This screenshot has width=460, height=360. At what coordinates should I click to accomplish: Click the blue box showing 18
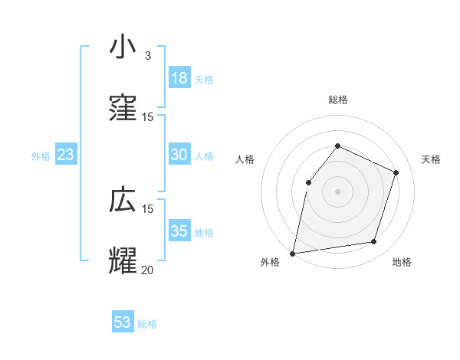pyautogui.click(x=179, y=77)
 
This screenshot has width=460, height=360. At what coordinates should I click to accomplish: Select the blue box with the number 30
pyautogui.click(x=179, y=154)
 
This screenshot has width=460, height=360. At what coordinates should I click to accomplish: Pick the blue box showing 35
pyautogui.click(x=179, y=231)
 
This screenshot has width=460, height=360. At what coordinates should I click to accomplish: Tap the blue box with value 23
pyautogui.click(x=66, y=155)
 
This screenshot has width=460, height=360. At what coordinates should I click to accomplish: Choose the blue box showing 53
pyautogui.click(x=123, y=322)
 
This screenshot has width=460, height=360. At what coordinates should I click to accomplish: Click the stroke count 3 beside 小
pyautogui.click(x=148, y=56)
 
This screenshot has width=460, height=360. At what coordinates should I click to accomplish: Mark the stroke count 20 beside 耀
pyautogui.click(x=147, y=270)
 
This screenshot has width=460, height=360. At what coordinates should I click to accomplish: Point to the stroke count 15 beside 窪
pyautogui.click(x=147, y=116)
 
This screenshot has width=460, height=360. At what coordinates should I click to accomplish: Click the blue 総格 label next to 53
pyautogui.click(x=147, y=324)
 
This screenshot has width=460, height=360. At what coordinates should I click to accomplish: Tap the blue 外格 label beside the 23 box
pyautogui.click(x=41, y=156)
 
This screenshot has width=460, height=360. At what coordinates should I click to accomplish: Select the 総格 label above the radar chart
pyautogui.click(x=337, y=100)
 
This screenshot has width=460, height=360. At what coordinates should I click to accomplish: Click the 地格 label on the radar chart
pyautogui.click(x=402, y=263)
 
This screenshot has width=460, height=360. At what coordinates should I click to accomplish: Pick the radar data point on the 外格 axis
pyautogui.click(x=293, y=253)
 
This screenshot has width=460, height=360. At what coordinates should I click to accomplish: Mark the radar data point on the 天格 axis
pyautogui.click(x=396, y=172)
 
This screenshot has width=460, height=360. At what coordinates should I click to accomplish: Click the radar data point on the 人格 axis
pyautogui.click(x=308, y=182)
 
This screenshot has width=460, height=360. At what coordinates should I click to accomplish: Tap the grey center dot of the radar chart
pyautogui.click(x=337, y=191)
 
